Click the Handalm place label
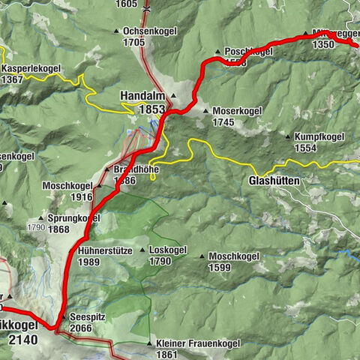tap(144, 96)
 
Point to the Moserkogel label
tap(236, 111)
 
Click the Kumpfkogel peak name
tap(319, 137)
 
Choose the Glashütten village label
tap(273, 181)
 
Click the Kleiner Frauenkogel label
tap(198, 343)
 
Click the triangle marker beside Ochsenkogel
tap(116, 31)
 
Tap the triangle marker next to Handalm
tap(172, 96)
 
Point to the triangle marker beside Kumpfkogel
tap(289, 137)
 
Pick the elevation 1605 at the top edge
tap(127, 4)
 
